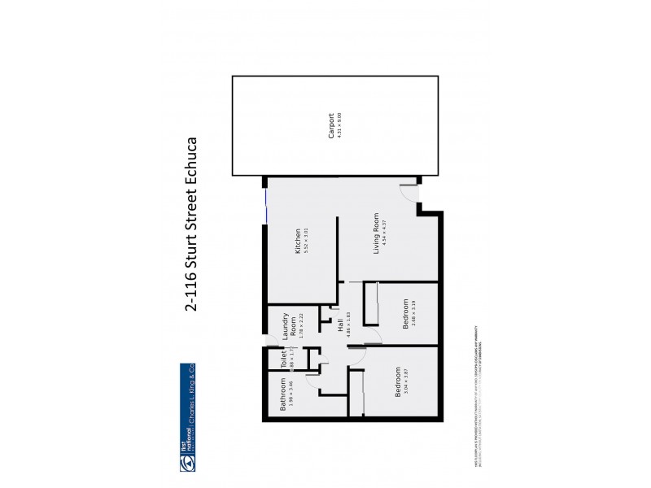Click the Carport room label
click(331, 126)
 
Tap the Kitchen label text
click(299, 242)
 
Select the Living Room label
click(376, 233)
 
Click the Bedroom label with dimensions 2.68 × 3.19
click(404, 314)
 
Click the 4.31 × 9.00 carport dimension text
click(339, 126)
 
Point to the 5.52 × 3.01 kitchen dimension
click(308, 242)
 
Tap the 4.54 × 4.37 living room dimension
click(384, 233)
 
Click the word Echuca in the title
click(191, 162)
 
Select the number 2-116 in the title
click(191, 292)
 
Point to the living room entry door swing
click(409, 194)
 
